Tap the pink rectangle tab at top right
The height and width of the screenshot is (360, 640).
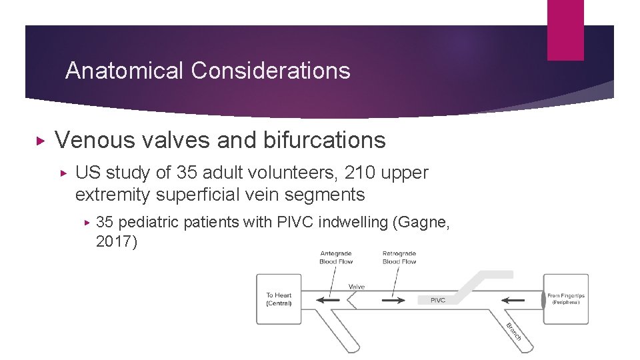(x=565, y=30)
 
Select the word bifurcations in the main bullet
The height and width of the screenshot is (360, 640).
(x=324, y=140)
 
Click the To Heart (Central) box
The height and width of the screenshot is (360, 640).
(x=279, y=299)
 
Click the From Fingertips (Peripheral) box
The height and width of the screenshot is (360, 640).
(x=565, y=299)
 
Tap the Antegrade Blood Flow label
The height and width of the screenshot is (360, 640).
(x=337, y=257)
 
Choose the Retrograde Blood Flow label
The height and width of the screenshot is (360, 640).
(x=399, y=257)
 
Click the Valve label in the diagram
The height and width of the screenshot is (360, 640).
(x=357, y=287)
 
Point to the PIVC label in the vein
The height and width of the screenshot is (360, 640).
(x=438, y=300)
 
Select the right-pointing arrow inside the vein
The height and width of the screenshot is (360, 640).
(x=393, y=301)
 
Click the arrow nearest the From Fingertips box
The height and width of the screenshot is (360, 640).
(x=514, y=301)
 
